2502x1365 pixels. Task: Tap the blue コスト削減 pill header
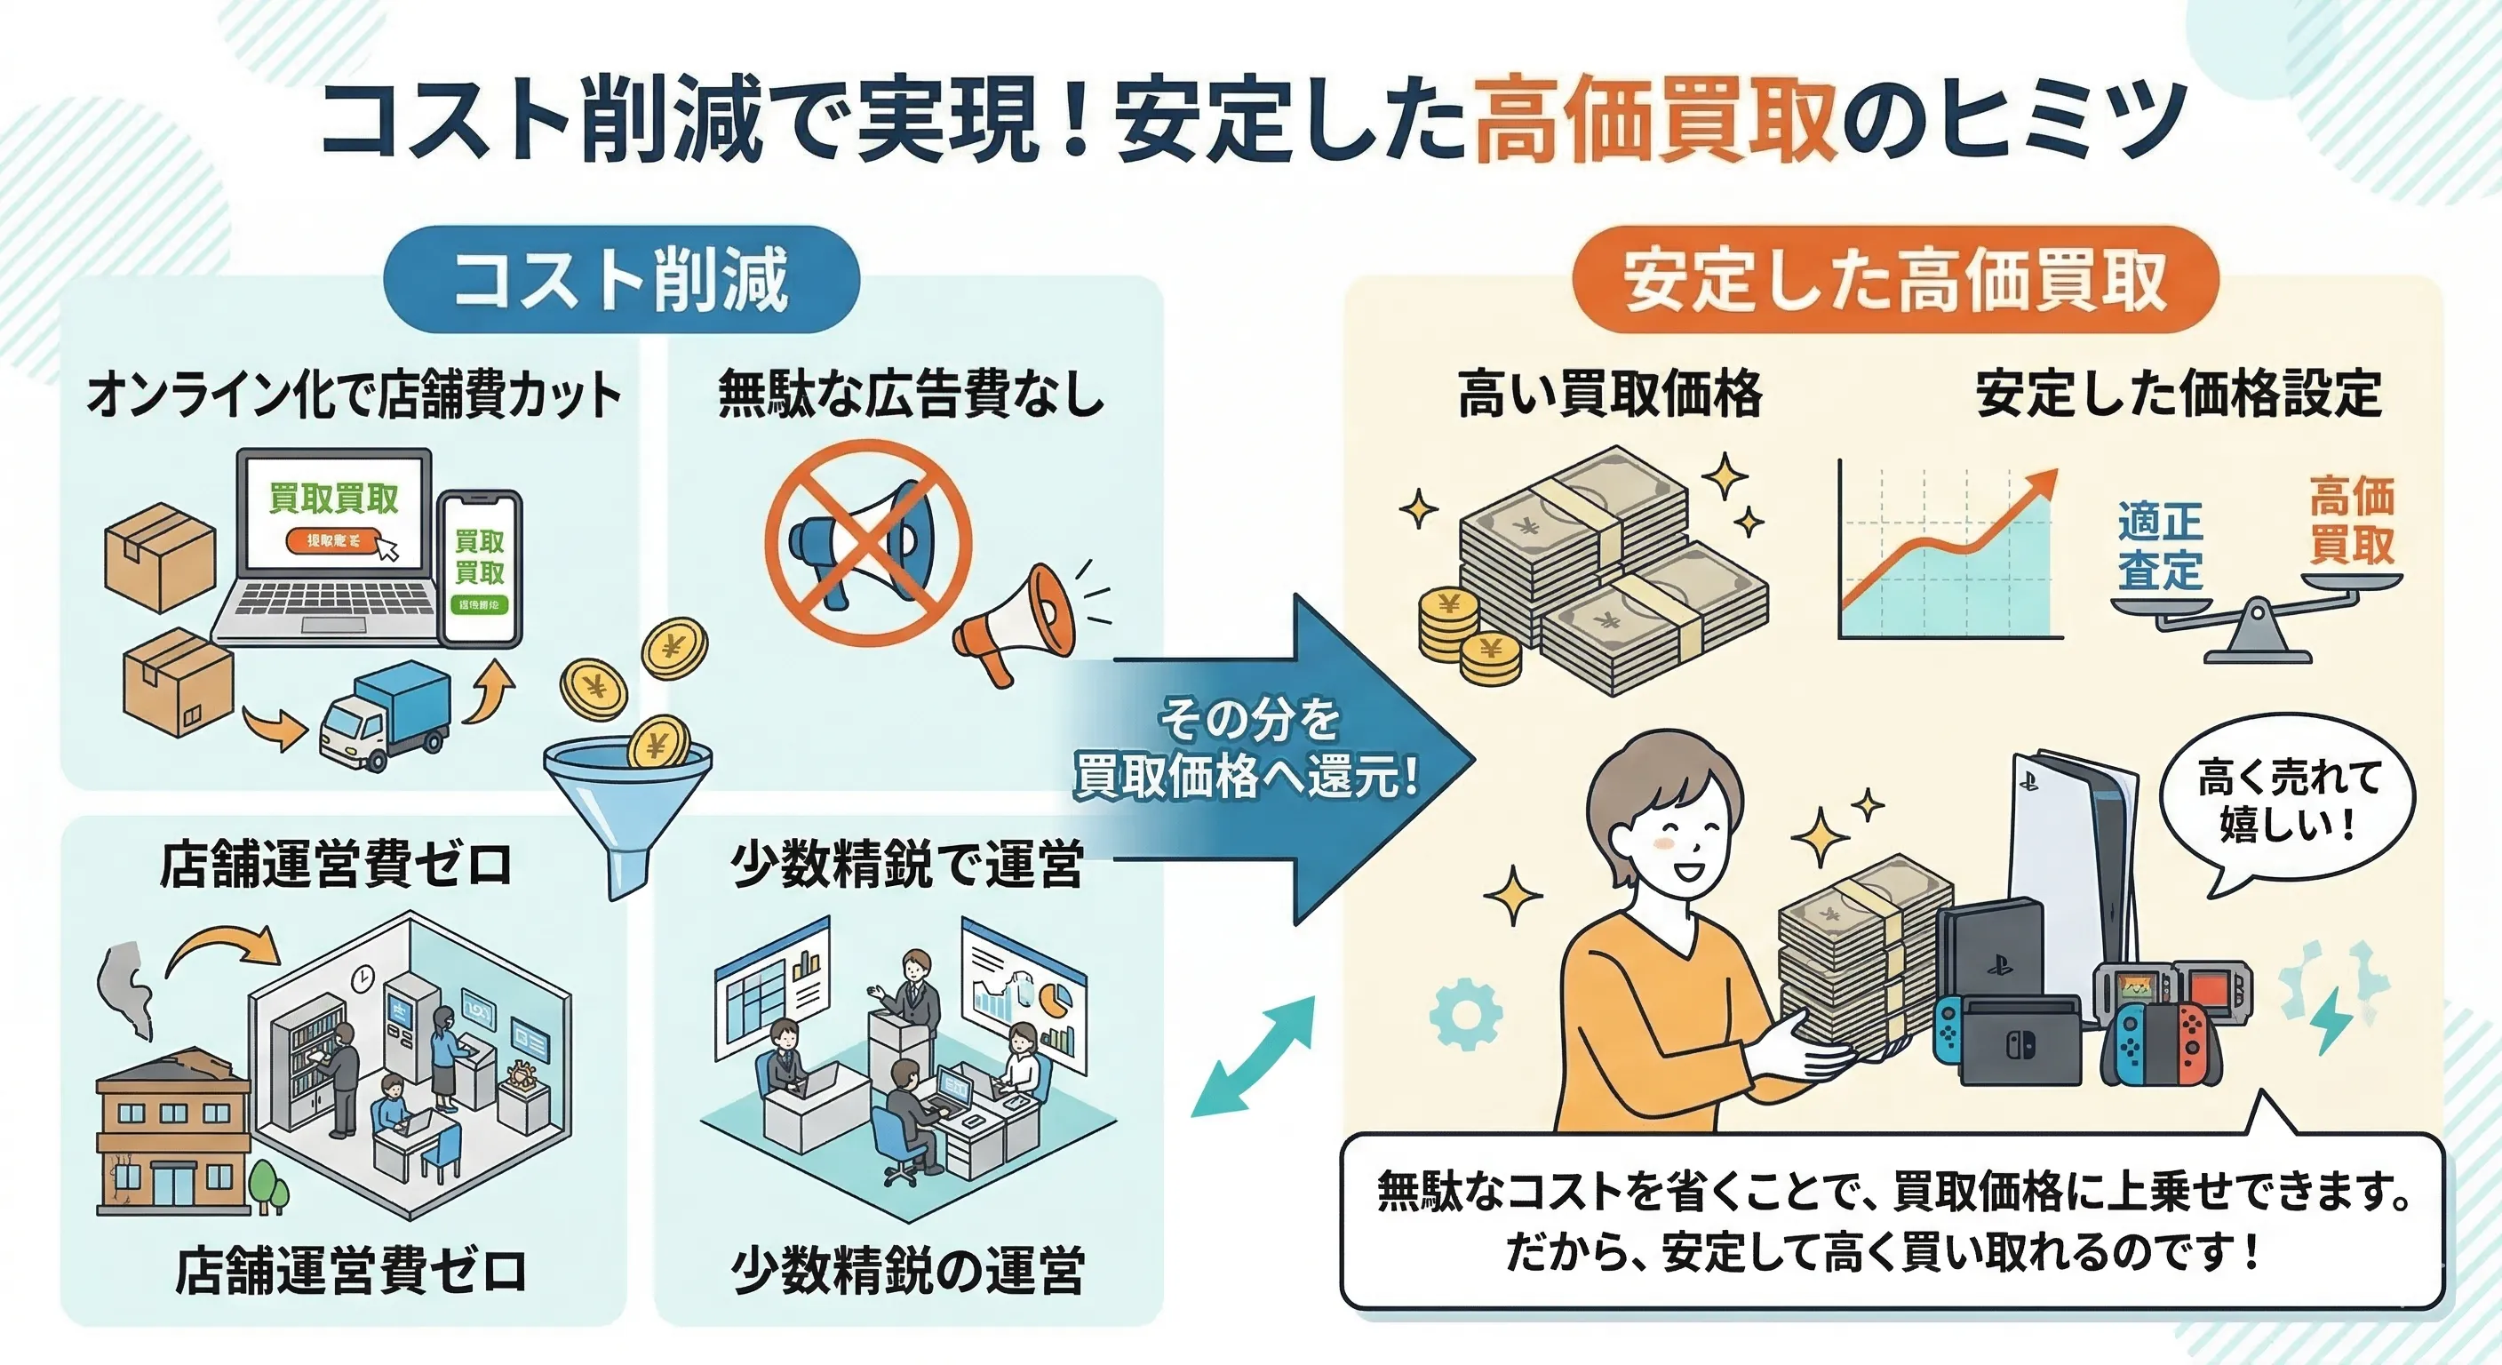point(622,280)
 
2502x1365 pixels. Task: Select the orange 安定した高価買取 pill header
point(1894,280)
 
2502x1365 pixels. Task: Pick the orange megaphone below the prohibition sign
point(1015,622)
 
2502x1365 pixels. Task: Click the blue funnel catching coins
point(626,796)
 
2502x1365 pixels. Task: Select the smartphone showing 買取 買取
point(480,569)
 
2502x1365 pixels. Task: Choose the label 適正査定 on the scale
point(2159,546)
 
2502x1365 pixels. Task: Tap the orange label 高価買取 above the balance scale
point(2352,520)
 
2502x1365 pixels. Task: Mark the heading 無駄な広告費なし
point(911,395)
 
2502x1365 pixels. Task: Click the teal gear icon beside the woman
point(1466,1013)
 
